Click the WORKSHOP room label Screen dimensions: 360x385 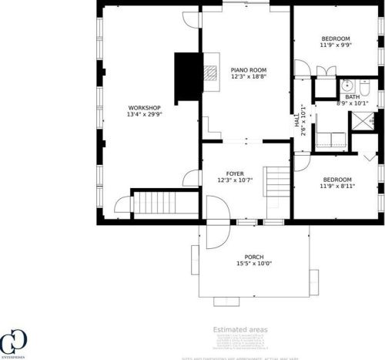(144, 107)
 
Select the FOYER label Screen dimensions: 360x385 (235, 173)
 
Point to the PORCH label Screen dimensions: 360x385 (254, 257)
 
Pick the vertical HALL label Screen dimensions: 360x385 (296, 121)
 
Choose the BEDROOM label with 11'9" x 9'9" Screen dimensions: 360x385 (335, 39)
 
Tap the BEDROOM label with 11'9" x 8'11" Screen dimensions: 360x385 (335, 179)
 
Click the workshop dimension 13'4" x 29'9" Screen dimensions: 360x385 (144, 115)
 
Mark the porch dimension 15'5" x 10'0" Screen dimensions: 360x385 (254, 264)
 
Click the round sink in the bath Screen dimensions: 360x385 (346, 85)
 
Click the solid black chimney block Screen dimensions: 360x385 (186, 77)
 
